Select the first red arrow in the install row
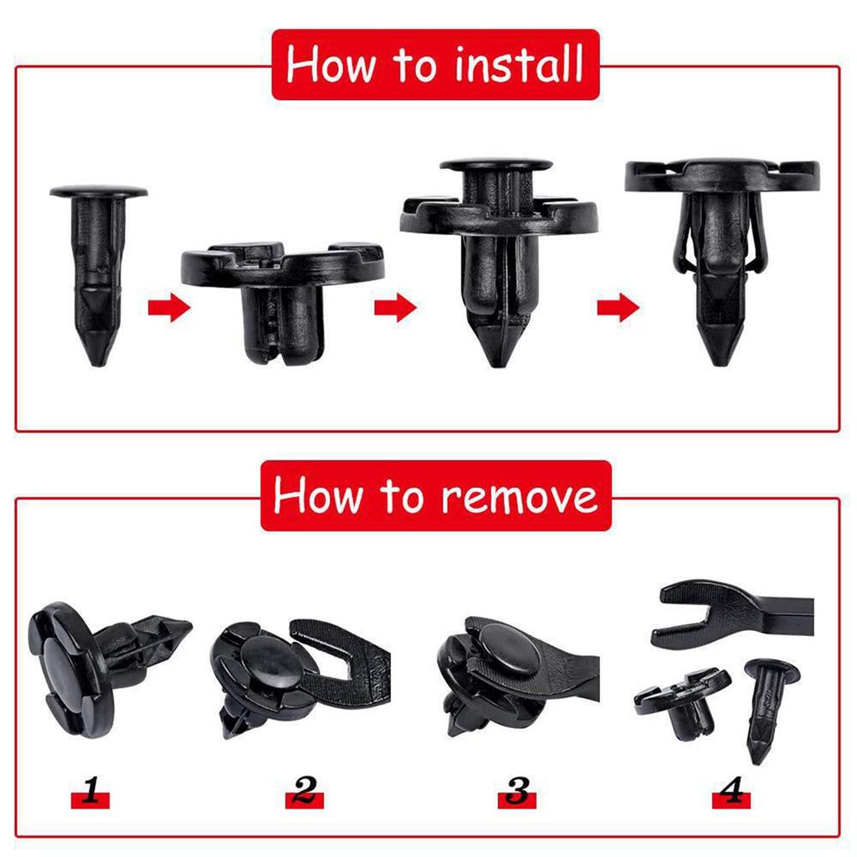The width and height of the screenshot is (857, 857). point(168,308)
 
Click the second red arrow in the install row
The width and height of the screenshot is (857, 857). point(394,308)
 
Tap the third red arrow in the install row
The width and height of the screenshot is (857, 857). point(618,308)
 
